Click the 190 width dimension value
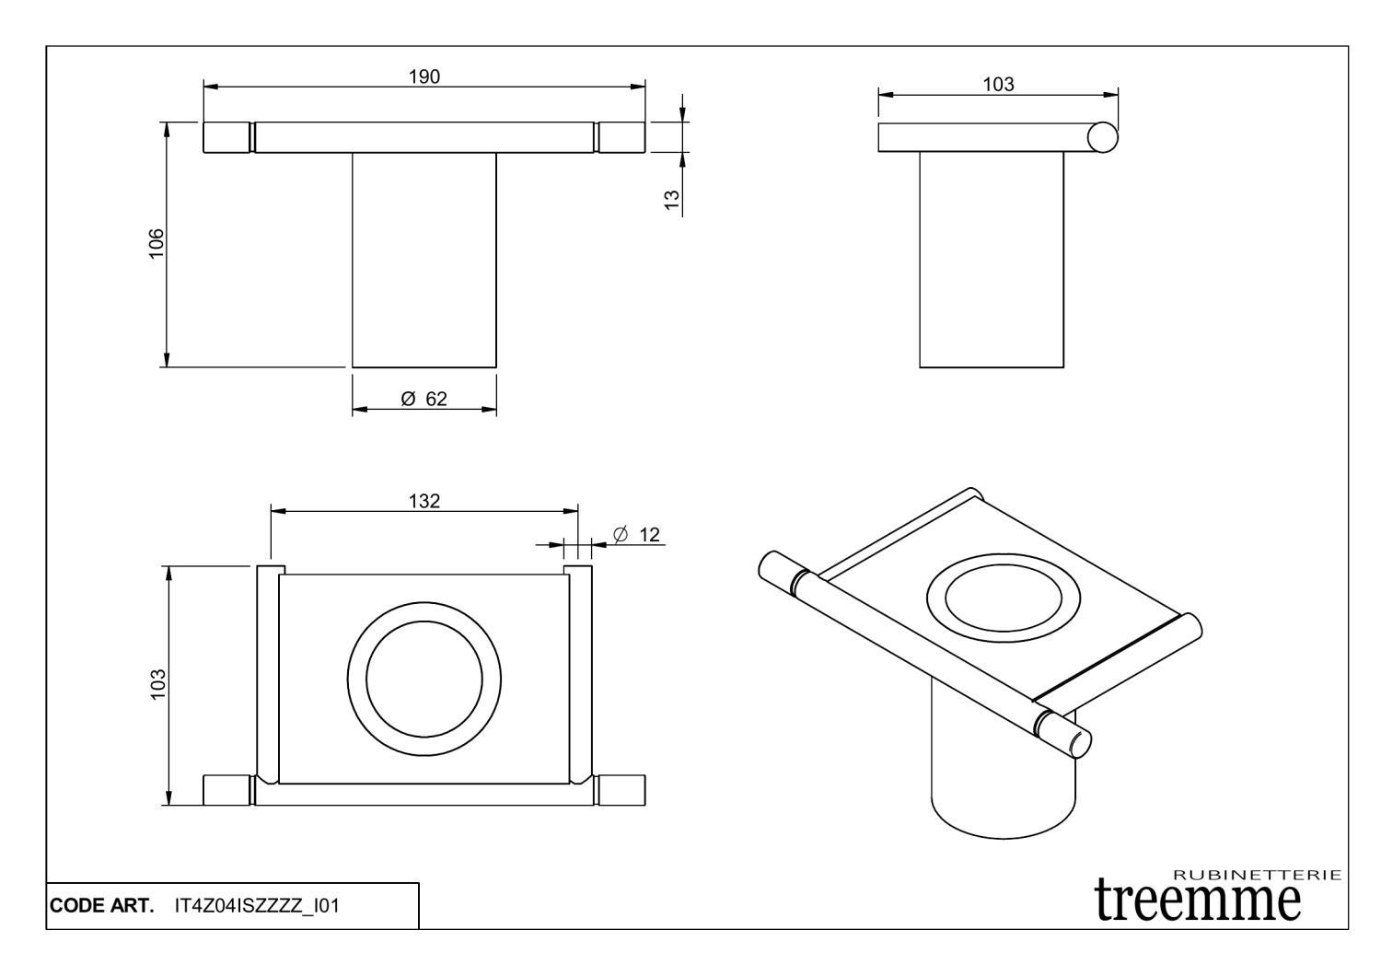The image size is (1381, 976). click(x=424, y=76)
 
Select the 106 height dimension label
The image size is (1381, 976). click(x=157, y=244)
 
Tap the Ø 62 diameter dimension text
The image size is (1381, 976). click(x=424, y=399)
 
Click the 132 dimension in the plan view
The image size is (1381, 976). click(x=424, y=501)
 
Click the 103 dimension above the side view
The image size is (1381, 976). click(x=998, y=85)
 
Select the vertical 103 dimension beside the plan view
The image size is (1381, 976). click(x=158, y=685)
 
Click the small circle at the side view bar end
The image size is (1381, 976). click(x=1102, y=137)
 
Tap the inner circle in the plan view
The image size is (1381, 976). click(x=424, y=679)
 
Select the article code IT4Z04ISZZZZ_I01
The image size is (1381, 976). click(x=257, y=906)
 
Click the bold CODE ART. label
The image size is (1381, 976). click(x=101, y=906)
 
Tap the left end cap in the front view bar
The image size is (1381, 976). click(x=226, y=137)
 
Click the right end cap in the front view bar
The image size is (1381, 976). click(x=621, y=137)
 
